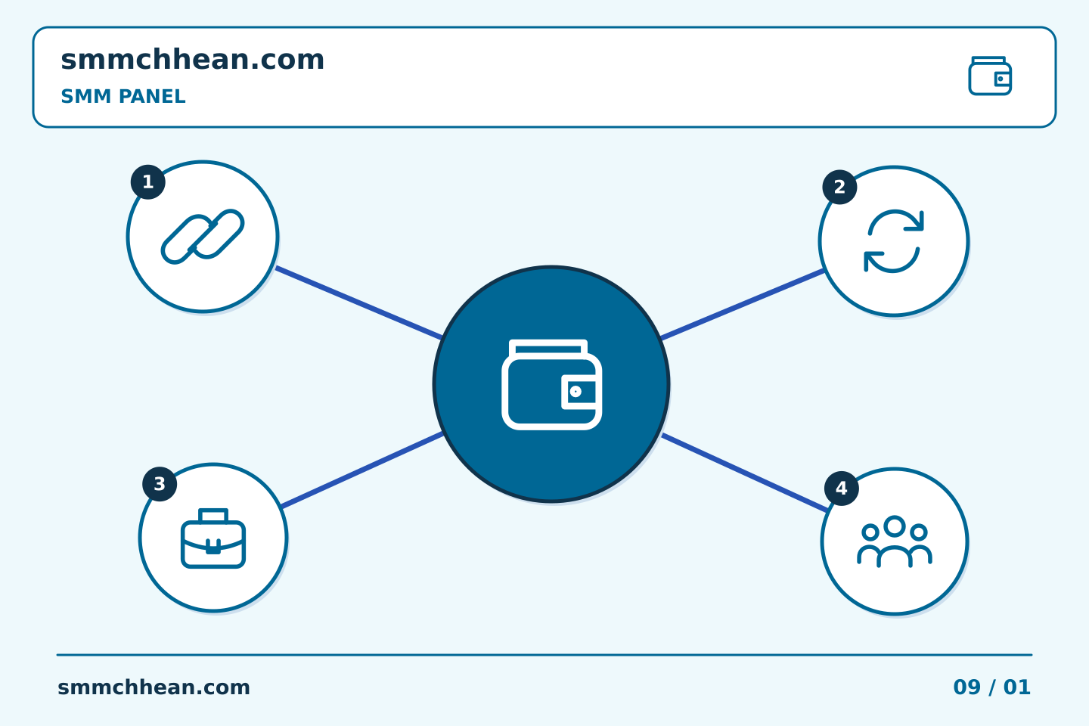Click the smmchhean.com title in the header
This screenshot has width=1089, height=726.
pos(193,60)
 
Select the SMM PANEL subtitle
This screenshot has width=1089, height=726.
pos(123,96)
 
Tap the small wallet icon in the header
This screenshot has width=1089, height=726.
pos(990,76)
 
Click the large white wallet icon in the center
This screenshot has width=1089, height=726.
pos(552,384)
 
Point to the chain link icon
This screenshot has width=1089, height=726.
pos(203,237)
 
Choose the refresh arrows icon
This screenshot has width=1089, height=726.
pos(894,240)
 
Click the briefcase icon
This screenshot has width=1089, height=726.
pos(213,538)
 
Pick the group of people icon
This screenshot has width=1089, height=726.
pos(894,541)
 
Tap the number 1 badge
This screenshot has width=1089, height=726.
pos(147,181)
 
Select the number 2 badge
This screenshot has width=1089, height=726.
pos(839,188)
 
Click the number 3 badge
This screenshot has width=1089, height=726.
pos(160,484)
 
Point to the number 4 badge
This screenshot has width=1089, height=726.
pos(842,489)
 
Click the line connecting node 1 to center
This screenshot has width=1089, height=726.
pos(358,302)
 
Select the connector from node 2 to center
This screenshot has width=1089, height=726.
pos(743,304)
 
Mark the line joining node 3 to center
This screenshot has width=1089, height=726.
pos(362,470)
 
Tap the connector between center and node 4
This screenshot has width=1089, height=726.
pos(745,473)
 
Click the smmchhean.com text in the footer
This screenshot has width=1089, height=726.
pos(154,687)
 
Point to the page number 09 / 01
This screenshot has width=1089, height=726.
pos(991,687)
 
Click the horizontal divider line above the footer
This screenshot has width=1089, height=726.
pos(544,655)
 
